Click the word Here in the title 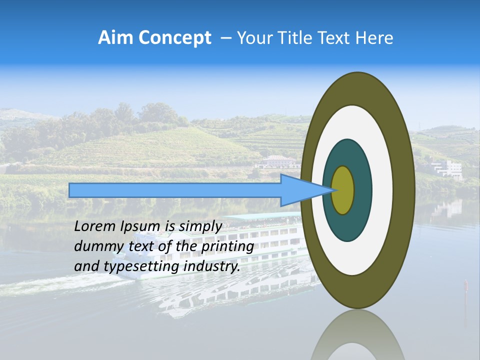[375, 38]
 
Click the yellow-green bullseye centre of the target [343, 190]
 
